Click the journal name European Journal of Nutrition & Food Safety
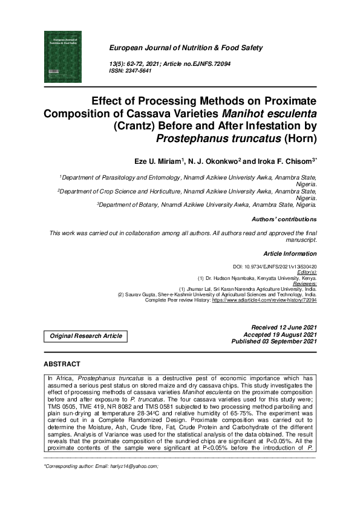[x=186, y=48]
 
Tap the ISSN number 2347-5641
[x=139, y=71]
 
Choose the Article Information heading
[x=290, y=254]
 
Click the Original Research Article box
[x=85, y=336]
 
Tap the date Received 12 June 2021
[x=279, y=327]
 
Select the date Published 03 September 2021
[x=274, y=342]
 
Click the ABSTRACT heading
[x=62, y=364]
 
